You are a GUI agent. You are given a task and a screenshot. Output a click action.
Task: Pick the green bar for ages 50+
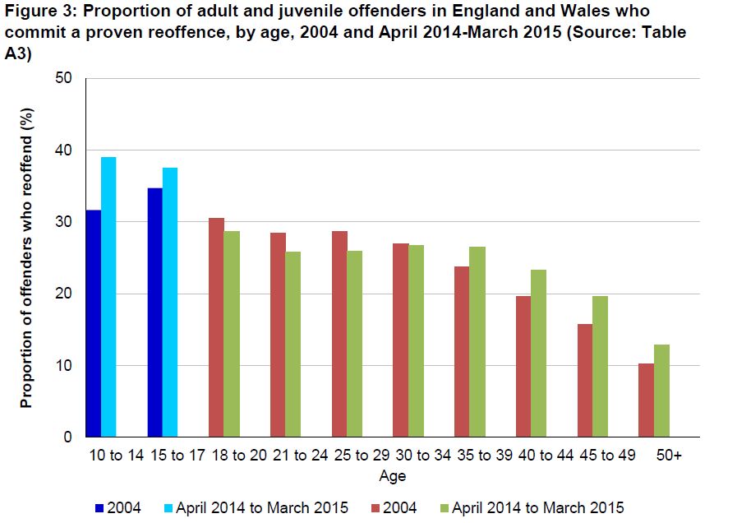[x=661, y=391]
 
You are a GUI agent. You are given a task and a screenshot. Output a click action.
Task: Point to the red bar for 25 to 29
[x=339, y=334]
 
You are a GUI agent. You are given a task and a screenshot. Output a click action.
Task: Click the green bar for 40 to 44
[x=539, y=353]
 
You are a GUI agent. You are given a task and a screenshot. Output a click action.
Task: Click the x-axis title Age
[x=392, y=476]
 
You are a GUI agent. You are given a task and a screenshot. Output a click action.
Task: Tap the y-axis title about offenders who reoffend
[x=26, y=257]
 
